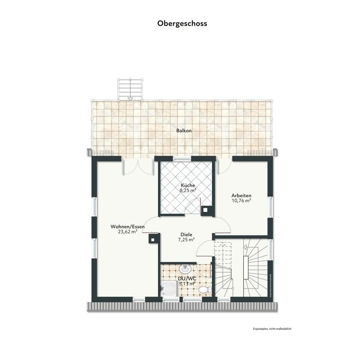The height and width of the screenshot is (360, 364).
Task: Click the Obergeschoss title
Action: pos(182,23)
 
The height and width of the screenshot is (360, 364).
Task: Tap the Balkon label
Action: pos(184,131)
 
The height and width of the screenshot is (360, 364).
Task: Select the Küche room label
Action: pos(188,185)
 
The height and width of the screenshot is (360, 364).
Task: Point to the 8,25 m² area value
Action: pos(188,190)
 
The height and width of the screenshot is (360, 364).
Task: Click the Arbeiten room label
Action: pos(241,195)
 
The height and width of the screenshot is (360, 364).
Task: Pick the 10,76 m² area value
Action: pos(241,200)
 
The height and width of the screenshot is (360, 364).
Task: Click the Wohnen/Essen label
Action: pos(127,227)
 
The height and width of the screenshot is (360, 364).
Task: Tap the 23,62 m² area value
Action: pos(127,232)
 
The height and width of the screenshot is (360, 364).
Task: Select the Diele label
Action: pos(186,234)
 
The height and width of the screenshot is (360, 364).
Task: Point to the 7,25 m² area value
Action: pos(186,239)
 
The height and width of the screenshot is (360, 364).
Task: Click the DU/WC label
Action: pos(186,278)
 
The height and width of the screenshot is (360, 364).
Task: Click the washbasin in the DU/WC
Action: pos(186,268)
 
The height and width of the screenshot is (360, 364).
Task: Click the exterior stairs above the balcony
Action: pos(130,89)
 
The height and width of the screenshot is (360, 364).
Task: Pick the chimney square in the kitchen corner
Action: pos(208,210)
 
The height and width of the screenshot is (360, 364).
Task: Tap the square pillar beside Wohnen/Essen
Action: pos(153,238)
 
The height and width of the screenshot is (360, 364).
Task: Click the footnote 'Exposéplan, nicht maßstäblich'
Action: pos(272,329)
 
